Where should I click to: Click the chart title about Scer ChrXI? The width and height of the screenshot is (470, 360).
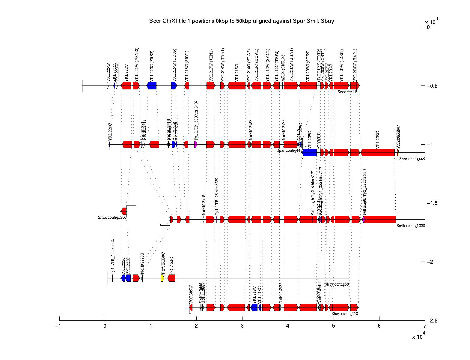pos(242,21)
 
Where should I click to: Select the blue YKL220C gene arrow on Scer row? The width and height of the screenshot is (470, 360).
pos(152,86)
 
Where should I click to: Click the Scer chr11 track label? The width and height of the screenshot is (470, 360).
pos(347,92)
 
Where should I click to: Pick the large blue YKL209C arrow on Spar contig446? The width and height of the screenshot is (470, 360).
pos(309,152)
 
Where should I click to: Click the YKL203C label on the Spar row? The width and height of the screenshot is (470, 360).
pos(378,140)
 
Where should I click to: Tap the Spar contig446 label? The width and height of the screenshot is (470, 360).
pos(412,159)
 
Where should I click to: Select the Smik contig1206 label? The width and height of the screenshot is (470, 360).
pos(112,217)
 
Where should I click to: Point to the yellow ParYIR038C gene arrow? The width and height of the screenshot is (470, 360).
pos(162,278)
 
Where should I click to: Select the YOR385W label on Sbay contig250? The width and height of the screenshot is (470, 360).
pos(191,294)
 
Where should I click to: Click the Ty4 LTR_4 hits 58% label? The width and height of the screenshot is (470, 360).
pos(113,256)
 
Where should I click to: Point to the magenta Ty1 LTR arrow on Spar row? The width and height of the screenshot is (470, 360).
pos(196,144)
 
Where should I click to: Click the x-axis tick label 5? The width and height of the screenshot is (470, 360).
pos(333,326)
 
